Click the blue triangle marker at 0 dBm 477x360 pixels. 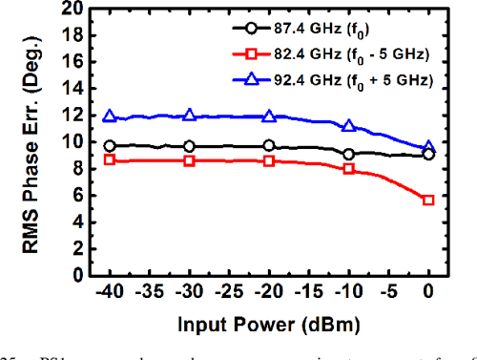point(428,148)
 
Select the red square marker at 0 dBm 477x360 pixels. point(428,200)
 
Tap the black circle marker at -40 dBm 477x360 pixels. point(110,146)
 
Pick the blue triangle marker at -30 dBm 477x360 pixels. point(189,116)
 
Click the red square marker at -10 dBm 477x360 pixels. point(349,169)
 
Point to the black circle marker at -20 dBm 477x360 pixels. point(269,145)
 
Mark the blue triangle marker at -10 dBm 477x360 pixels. point(349,126)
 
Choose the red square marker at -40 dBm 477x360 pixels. point(110,159)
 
